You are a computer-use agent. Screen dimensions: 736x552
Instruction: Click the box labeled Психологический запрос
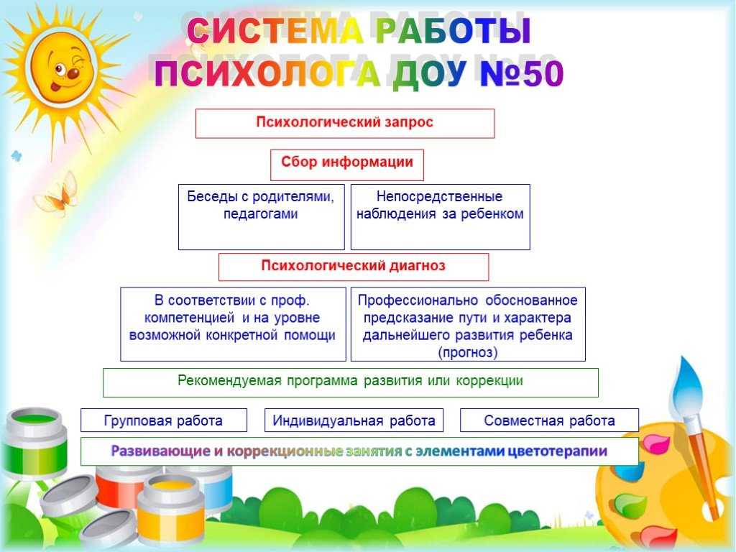click(345, 124)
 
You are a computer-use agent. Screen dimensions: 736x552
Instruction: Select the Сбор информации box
click(347, 165)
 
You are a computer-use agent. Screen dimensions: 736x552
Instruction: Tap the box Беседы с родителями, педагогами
click(262, 217)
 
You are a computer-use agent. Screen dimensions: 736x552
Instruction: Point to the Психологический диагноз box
click(354, 267)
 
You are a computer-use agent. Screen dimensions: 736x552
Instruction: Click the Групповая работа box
click(164, 420)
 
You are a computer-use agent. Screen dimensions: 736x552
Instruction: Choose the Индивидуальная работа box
click(354, 420)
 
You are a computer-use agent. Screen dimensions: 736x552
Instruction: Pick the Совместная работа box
click(549, 420)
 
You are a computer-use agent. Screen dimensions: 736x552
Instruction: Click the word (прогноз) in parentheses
click(468, 352)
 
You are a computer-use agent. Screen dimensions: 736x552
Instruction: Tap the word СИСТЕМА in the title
click(275, 31)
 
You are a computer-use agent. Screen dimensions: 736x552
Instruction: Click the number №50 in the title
click(521, 74)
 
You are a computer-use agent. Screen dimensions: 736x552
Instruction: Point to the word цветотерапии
click(558, 451)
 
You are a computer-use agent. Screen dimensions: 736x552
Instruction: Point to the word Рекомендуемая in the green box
click(229, 381)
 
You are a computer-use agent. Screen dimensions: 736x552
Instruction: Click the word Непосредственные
click(439, 196)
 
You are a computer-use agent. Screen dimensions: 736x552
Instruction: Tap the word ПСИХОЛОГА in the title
click(267, 74)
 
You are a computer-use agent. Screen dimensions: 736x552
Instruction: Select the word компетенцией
click(189, 318)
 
